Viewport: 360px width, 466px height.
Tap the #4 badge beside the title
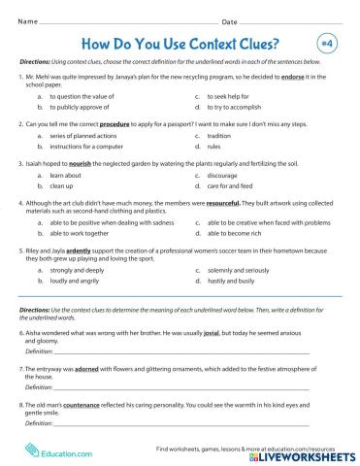coord(325,44)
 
